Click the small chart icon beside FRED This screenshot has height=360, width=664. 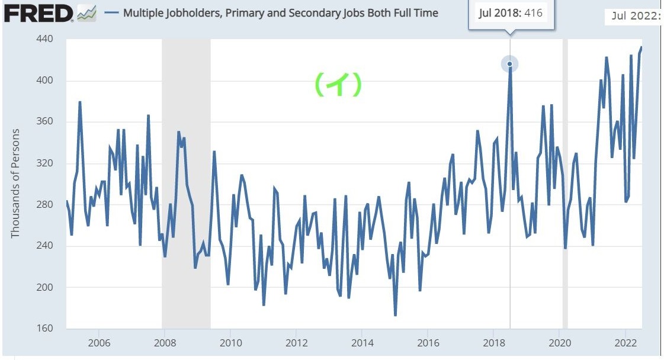[87, 12]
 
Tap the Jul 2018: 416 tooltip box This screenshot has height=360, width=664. [511, 13]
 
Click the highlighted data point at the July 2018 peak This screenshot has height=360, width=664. [509, 64]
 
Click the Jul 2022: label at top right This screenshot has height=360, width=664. [636, 16]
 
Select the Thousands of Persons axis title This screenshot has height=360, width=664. [15, 184]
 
